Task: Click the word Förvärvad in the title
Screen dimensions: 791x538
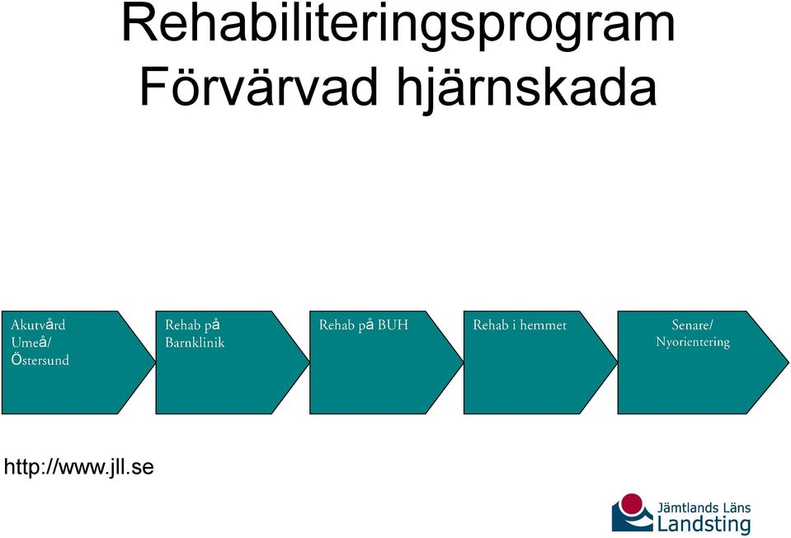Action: click(x=258, y=87)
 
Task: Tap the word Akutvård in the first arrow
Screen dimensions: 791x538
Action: click(x=38, y=324)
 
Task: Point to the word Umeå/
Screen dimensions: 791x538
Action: click(x=31, y=342)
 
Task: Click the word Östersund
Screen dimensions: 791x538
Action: click(x=40, y=360)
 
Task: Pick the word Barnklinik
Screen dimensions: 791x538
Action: click(x=195, y=342)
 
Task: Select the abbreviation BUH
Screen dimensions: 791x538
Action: click(x=393, y=324)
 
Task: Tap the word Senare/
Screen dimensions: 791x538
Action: click(x=692, y=324)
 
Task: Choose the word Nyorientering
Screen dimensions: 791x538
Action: click(x=693, y=342)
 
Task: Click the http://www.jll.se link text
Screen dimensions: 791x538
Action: click(x=78, y=467)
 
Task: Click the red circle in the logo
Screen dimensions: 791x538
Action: click(x=631, y=505)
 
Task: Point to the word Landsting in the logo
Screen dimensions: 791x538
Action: click(x=704, y=524)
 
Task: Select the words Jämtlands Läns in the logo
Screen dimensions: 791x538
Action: click(x=704, y=507)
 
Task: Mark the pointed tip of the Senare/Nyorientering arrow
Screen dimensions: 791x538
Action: click(x=788, y=362)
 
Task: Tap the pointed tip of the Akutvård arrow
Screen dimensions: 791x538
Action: click(x=155, y=362)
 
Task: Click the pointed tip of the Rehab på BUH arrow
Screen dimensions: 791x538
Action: click(x=463, y=362)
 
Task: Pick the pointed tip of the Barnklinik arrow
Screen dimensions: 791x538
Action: click(x=308, y=362)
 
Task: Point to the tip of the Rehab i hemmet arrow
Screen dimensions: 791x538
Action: click(x=617, y=362)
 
